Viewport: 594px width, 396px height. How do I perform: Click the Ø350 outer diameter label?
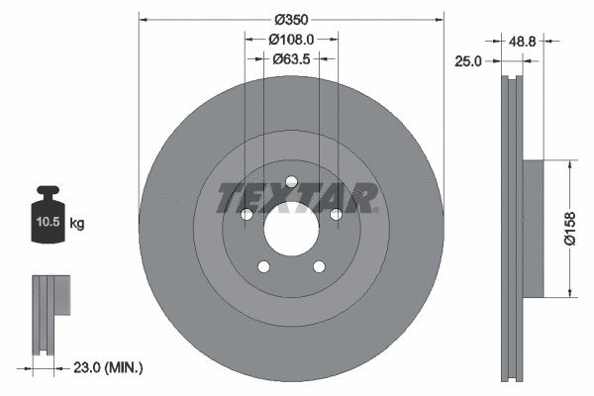click(291, 19)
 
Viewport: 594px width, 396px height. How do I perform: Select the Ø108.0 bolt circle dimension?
click(291, 40)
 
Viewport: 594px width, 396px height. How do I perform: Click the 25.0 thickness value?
click(468, 61)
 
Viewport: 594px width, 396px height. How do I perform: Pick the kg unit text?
click(77, 224)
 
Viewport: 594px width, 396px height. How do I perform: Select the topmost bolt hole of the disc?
click(291, 181)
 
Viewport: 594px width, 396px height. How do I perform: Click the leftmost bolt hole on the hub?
click(246, 214)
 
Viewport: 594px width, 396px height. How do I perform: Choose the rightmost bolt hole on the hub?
click(337, 214)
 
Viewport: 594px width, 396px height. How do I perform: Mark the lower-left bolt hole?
click(262, 266)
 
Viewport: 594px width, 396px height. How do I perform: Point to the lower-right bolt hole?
click(319, 266)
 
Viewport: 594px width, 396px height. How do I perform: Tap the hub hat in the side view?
click(533, 228)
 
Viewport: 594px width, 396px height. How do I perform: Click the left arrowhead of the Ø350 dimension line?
click(145, 19)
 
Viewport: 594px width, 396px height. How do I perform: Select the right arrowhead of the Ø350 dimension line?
click(438, 19)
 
